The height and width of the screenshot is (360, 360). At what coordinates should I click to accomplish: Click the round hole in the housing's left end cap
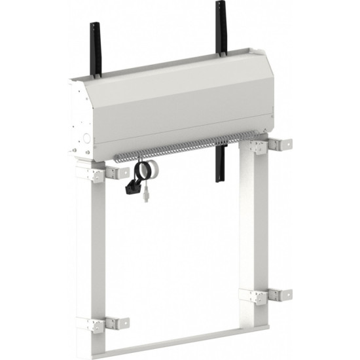(x=84, y=138)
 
